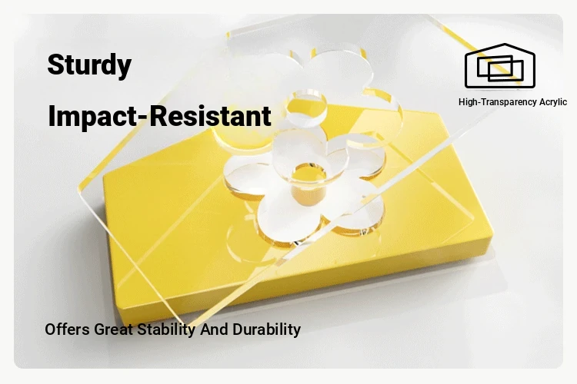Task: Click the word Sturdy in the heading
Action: pos(89,65)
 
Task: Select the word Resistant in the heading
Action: pos(211,115)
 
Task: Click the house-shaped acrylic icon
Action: pos(500,66)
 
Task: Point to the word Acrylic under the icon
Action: pos(553,102)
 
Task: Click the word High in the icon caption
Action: pos(467,102)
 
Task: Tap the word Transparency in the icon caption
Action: pos(509,102)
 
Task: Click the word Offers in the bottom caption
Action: pos(68,329)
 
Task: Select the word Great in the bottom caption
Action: pos(113,329)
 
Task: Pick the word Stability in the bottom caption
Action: pos(166,330)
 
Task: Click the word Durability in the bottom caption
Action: pos(267,330)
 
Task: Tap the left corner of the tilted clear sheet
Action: pos(78,188)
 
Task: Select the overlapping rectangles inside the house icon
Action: pos(500,68)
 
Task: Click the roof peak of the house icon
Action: pos(505,45)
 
